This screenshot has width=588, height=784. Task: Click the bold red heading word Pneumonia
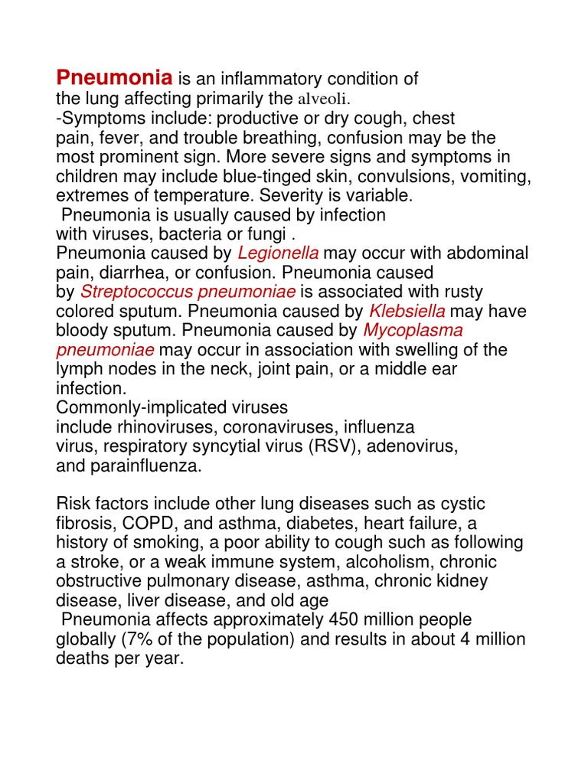[115, 78]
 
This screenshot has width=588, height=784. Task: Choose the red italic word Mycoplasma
[413, 330]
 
